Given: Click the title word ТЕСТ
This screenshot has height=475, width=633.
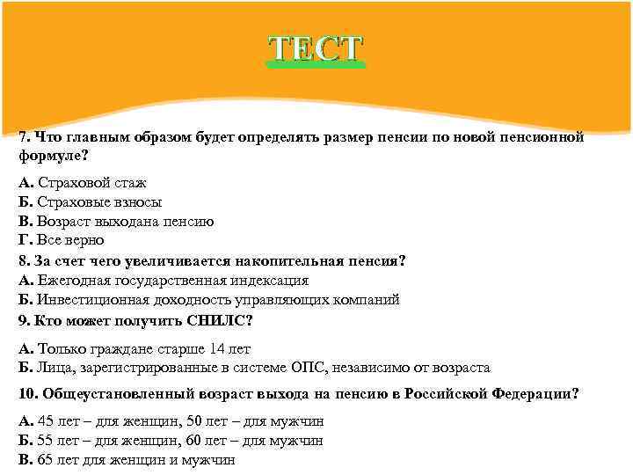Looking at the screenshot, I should tap(316, 49).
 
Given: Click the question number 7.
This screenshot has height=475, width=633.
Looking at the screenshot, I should tap(23, 138).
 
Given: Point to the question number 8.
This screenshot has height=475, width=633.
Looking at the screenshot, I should tap(23, 261).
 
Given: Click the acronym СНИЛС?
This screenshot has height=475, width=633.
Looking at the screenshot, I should tap(216, 319).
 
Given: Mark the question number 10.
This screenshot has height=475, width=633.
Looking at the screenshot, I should tap(26, 393).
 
